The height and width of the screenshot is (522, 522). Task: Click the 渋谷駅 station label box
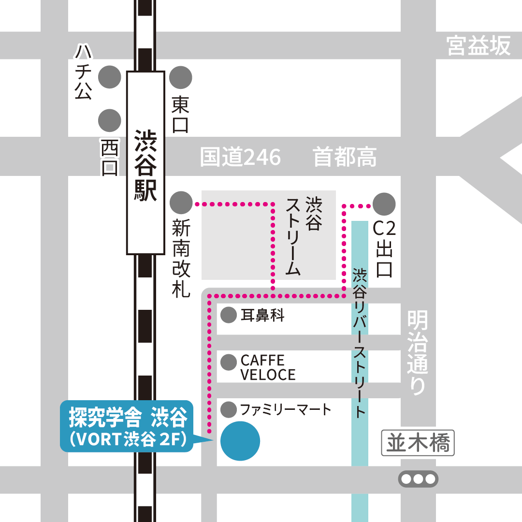[x=145, y=162]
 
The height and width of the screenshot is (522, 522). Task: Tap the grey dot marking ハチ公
[x=110, y=77]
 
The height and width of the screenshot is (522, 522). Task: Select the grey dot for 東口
[x=181, y=77]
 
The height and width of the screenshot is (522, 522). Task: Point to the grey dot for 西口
[x=110, y=120]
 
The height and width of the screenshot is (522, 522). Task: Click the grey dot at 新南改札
[x=181, y=203]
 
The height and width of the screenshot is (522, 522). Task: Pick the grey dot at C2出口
[x=384, y=203]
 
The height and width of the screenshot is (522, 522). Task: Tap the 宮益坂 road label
[x=478, y=46]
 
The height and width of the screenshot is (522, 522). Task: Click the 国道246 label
[x=240, y=158]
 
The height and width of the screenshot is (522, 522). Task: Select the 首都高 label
[x=345, y=158]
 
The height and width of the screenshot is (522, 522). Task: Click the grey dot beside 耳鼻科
[x=228, y=316]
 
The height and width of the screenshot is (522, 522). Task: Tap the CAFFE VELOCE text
[x=268, y=367]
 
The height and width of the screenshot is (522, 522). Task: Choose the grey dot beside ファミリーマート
[x=228, y=410]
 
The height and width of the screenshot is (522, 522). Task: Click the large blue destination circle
[x=240, y=441]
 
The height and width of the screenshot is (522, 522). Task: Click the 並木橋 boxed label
[x=418, y=443]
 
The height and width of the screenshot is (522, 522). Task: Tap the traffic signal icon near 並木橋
[x=418, y=479]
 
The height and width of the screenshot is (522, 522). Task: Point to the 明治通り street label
[x=418, y=353]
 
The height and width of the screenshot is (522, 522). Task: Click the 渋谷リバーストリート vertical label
[x=360, y=343]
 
